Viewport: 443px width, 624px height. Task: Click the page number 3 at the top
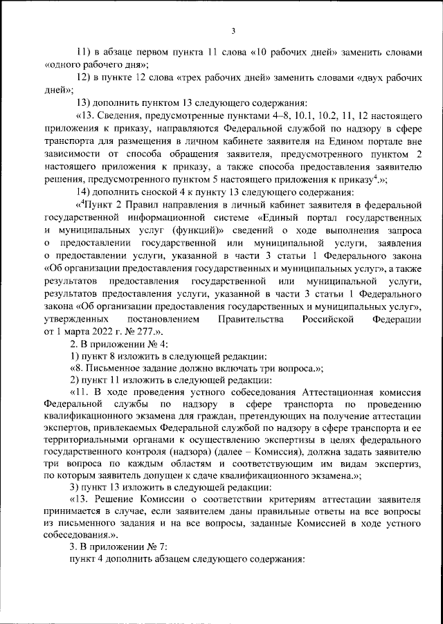233,30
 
